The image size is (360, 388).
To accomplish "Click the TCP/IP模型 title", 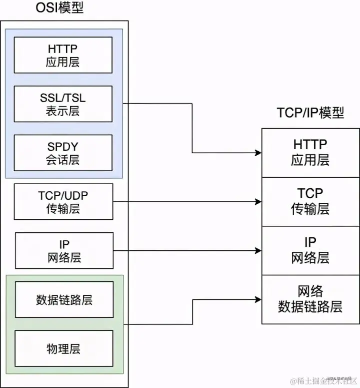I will click(x=310, y=113).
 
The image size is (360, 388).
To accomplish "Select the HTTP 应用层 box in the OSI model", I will click(x=63, y=55).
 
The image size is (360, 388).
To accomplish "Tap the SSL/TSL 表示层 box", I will click(x=63, y=104).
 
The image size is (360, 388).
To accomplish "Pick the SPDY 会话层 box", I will click(x=63, y=153).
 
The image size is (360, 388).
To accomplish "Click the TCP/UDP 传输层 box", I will click(x=64, y=202).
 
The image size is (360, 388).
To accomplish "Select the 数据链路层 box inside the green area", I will click(x=64, y=299).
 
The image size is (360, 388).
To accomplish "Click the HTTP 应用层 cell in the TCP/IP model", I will click(x=310, y=152).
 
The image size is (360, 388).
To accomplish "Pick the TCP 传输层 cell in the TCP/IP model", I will click(x=310, y=201).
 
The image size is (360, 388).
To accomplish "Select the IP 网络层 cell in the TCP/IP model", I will click(x=310, y=250).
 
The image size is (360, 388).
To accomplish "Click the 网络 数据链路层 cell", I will click(x=310, y=299).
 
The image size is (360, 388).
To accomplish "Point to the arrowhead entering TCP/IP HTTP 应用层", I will click(x=258, y=152).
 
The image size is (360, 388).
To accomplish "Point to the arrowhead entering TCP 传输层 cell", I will click(x=258, y=202).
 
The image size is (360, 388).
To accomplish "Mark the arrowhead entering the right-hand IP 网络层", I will click(x=258, y=250).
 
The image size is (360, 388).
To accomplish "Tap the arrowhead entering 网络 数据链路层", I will click(x=258, y=299).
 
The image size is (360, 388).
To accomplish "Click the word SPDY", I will click(x=63, y=147).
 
